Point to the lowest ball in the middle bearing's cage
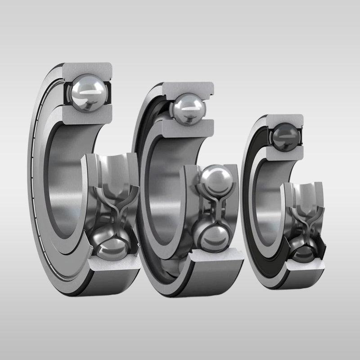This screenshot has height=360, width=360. (212, 236)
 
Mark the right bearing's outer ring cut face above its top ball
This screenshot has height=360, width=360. (285, 119)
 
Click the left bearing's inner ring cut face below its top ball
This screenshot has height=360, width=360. (88, 116)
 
